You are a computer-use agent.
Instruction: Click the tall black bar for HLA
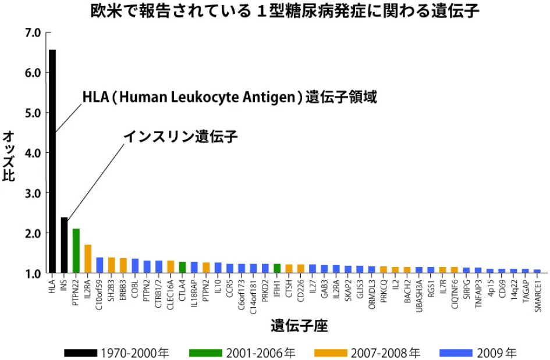pyautogui.click(x=52, y=163)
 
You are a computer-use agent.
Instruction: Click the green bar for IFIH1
pyautogui.click(x=277, y=268)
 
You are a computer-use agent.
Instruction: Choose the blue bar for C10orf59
pyautogui.click(x=100, y=265)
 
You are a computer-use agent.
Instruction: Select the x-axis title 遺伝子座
pyautogui.click(x=299, y=326)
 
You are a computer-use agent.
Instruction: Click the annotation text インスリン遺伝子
pyautogui.click(x=181, y=137)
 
